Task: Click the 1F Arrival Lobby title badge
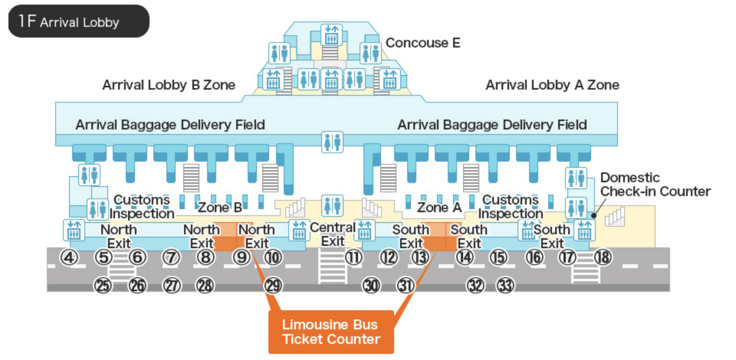click(79, 21)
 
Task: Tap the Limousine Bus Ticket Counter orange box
click(331, 332)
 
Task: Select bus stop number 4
click(69, 257)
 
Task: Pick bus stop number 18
click(603, 257)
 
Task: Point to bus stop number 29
click(273, 286)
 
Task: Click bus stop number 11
click(354, 257)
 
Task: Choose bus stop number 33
click(505, 286)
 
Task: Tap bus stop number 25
click(103, 286)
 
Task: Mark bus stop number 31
click(405, 286)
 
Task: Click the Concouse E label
click(423, 43)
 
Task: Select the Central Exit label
click(333, 234)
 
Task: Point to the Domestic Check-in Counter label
click(655, 184)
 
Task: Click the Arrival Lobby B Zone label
click(168, 85)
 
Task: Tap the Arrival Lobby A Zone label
click(552, 85)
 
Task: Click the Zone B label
click(220, 208)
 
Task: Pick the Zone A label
click(439, 208)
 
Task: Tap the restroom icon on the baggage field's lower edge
click(332, 142)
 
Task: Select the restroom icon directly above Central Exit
click(332, 206)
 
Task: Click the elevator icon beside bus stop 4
click(74, 230)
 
